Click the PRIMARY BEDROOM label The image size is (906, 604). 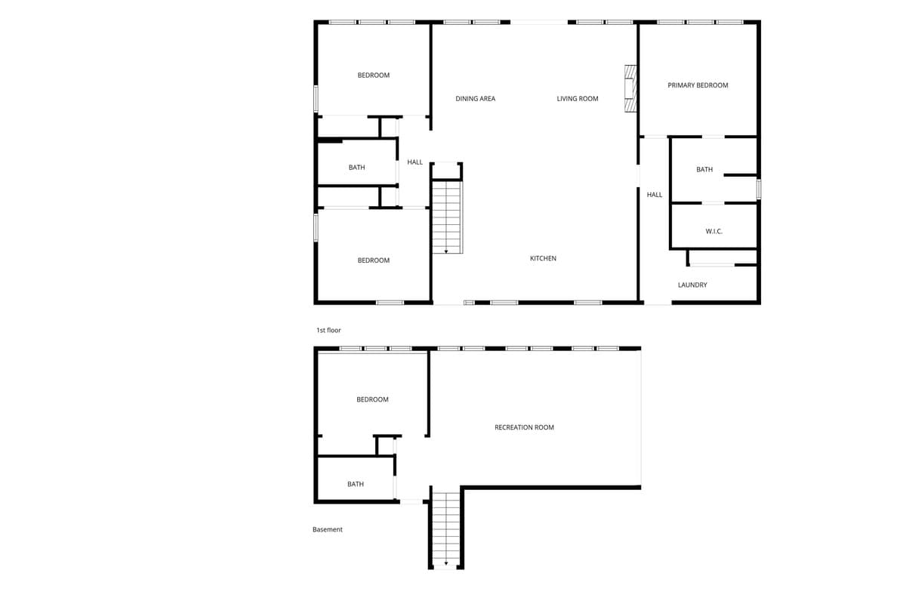698,85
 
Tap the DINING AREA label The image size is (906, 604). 475,99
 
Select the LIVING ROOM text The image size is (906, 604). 577,99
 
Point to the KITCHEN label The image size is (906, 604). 543,258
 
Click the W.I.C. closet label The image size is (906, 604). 714,231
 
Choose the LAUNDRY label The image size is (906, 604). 692,285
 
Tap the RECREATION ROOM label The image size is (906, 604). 524,427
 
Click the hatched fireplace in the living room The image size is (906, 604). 630,88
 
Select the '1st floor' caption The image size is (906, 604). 328,331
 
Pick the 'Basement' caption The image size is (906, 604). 327,529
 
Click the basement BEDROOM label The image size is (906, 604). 372,399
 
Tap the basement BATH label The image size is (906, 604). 356,484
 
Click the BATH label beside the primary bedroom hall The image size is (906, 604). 704,170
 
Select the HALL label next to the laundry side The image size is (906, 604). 655,195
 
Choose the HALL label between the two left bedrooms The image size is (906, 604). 414,162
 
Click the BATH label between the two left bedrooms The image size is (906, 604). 356,168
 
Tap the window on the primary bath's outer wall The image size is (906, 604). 759,190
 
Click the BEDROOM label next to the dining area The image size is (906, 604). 373,75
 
